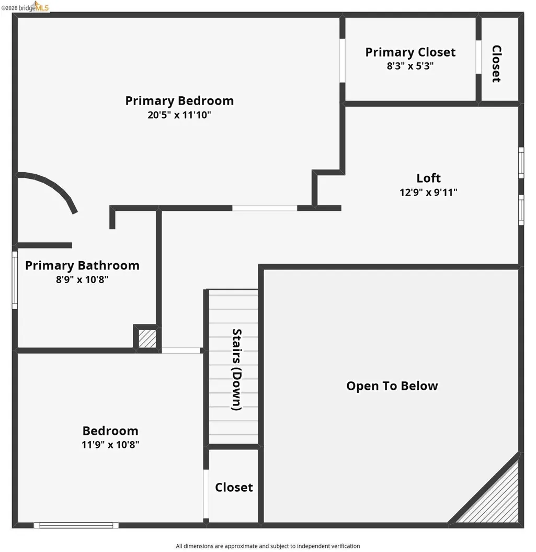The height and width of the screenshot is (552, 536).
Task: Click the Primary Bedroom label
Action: (179, 101)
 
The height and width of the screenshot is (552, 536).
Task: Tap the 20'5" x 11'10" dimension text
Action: (179, 115)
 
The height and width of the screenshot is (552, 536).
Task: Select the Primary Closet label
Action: (410, 52)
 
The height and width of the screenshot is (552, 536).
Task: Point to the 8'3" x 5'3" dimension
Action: (410, 66)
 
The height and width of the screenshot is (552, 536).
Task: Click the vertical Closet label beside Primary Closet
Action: (496, 64)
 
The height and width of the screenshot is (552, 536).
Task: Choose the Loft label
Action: (428, 178)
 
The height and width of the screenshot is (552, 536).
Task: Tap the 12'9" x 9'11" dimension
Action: (428, 192)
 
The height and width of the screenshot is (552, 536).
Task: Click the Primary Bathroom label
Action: (82, 265)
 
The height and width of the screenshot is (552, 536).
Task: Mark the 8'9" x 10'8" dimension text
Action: (82, 279)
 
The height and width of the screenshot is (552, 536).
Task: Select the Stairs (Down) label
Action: (237, 369)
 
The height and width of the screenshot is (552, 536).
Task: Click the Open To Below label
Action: (392, 386)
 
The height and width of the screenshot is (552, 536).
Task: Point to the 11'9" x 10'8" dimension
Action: (110, 445)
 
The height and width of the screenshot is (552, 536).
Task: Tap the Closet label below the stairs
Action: (234, 488)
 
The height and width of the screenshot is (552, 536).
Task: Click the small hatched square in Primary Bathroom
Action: (147, 338)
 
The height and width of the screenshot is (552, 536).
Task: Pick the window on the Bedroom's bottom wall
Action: (76, 525)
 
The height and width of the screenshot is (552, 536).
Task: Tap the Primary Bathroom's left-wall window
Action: (15, 280)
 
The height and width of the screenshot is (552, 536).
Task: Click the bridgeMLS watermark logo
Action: (25, 7)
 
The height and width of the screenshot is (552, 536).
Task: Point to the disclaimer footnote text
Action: (268, 546)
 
